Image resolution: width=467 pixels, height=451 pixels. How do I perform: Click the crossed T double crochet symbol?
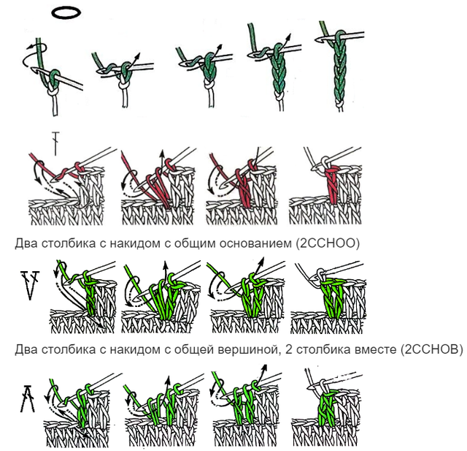click(55, 143)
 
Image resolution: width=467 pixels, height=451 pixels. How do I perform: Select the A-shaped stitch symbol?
click(28, 398)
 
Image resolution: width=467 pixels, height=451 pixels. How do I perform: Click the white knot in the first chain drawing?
click(53, 89)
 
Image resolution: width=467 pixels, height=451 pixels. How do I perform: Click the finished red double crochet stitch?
click(331, 186)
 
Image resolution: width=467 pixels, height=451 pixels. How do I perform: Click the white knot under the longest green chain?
click(339, 105)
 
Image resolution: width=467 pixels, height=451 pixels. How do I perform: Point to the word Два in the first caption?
click(26, 243)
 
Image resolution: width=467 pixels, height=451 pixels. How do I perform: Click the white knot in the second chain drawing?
click(125, 86)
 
